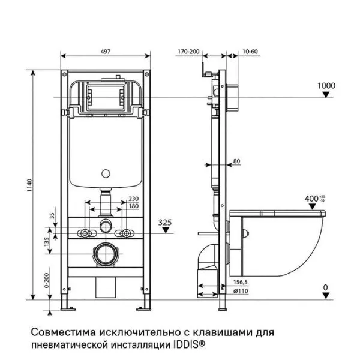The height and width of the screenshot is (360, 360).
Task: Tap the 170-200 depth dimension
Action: click(x=188, y=52)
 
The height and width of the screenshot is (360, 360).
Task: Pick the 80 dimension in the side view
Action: click(x=236, y=161)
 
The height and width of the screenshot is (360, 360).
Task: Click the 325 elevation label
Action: click(x=165, y=222)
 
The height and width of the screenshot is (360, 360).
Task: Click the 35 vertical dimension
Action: click(x=52, y=215)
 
